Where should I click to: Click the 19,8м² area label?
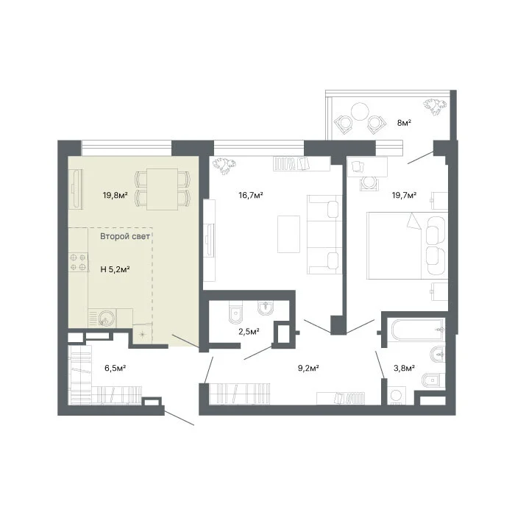(x=115, y=196)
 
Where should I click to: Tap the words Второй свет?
(x=125, y=236)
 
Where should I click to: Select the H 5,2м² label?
(x=115, y=269)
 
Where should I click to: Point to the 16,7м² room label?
(x=251, y=196)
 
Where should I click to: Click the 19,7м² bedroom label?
(x=404, y=196)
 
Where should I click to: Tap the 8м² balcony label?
(x=405, y=123)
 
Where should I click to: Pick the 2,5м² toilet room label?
(x=249, y=332)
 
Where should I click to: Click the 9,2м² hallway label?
(x=308, y=368)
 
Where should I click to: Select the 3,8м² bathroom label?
(x=404, y=368)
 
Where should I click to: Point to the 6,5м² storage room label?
(x=116, y=368)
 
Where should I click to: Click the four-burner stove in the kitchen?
(x=78, y=262)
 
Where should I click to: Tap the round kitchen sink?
(x=107, y=319)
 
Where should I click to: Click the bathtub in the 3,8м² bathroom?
(x=416, y=330)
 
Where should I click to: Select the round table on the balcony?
(x=360, y=112)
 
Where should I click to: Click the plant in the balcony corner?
(x=435, y=107)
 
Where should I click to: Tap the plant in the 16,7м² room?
(x=224, y=166)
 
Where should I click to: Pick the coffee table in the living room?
(x=288, y=234)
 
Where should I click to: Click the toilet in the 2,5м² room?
(x=235, y=312)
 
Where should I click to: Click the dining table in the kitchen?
(x=163, y=189)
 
